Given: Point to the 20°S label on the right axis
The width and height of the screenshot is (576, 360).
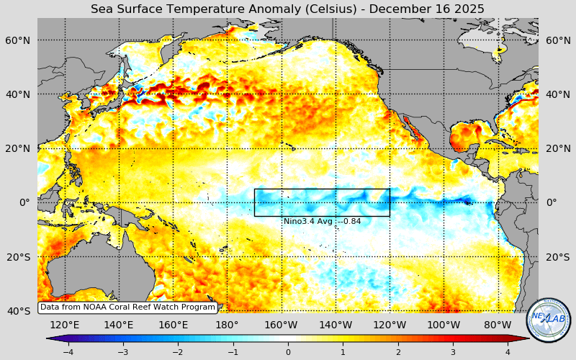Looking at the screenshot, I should point(557,257).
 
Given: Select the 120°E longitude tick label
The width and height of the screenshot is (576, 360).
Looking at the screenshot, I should point(65,325).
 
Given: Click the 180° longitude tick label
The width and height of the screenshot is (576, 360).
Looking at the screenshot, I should point(227,325).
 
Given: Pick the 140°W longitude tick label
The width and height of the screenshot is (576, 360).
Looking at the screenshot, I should point(336,325).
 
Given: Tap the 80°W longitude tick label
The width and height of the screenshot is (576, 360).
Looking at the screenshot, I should point(498,325).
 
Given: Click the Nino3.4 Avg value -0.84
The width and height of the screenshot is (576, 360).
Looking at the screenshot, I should point(348,222).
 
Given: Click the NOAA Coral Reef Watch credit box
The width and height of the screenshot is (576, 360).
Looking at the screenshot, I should point(127,307).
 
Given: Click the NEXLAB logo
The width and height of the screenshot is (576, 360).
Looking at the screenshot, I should point(549,320).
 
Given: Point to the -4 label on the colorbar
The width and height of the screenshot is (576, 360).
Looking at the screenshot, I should point(68,352).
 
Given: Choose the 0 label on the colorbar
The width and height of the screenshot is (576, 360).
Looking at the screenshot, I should point(288,352).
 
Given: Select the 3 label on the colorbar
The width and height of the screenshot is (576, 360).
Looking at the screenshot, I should point(453,352).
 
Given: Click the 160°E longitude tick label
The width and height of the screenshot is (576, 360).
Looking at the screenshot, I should point(173,325).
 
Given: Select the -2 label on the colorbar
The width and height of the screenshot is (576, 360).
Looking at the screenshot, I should point(178,352).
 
